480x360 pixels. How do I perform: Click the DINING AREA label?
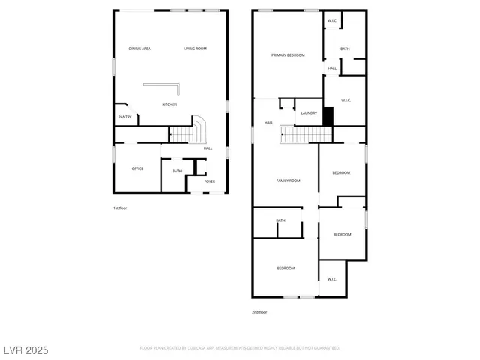coord(139,49)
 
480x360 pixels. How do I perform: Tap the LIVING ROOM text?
coord(195,49)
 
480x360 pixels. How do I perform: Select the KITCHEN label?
coord(170,104)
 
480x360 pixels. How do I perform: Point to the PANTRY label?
coord(125,117)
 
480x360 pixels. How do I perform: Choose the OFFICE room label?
coord(137,169)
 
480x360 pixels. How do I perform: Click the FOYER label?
coord(210,181)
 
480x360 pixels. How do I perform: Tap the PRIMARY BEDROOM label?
coord(288,55)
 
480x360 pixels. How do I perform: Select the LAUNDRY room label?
coord(309,113)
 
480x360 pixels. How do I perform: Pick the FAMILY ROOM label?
coord(289,181)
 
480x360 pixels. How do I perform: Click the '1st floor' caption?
coord(120,208)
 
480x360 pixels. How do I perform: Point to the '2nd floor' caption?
coord(259,312)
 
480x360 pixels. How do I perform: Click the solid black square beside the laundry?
coord(328,116)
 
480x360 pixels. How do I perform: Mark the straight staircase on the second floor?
coord(306,135)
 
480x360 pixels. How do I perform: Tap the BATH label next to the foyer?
coord(177,171)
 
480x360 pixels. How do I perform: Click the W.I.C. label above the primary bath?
coord(332,20)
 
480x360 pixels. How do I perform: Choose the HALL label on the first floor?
coord(208,148)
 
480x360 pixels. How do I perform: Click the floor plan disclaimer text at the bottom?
coord(240,348)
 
